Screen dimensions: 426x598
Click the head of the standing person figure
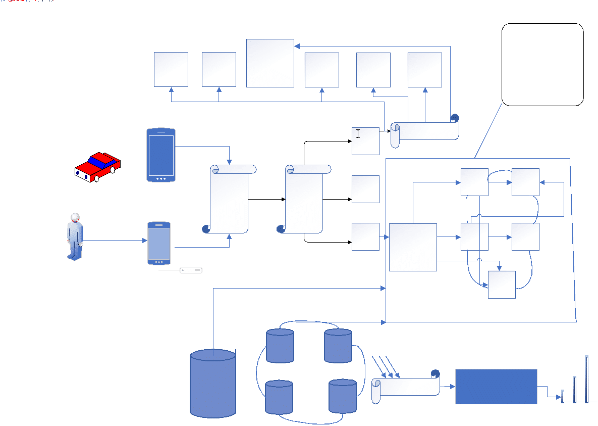tap(75, 218)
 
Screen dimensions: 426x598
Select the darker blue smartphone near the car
tap(161, 155)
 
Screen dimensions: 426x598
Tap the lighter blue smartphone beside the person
tap(159, 243)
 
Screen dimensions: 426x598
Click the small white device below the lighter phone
tap(191, 270)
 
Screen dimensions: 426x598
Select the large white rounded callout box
tap(542, 64)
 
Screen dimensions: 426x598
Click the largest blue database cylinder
tap(213, 384)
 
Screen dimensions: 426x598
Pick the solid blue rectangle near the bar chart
tap(496, 387)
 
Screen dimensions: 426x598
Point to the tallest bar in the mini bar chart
tap(587, 379)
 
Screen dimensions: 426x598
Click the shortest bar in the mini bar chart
tap(563, 396)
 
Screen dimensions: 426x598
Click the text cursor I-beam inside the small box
tap(358, 133)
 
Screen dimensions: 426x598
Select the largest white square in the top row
tap(270, 63)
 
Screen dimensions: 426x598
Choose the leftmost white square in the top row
tap(171, 69)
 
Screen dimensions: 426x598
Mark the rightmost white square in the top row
tap(424, 70)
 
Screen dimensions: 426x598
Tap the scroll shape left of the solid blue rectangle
tap(406, 388)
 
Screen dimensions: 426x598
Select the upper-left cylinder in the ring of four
tap(280, 346)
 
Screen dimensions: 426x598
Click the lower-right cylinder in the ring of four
tap(343, 396)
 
